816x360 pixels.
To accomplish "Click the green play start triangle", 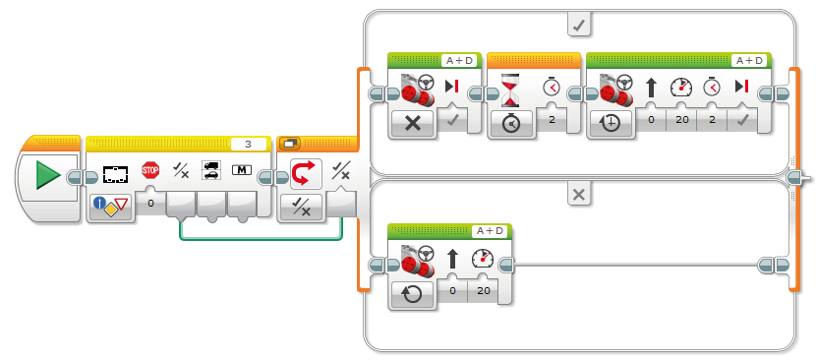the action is click(x=48, y=175).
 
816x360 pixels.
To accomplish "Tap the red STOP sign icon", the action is click(x=150, y=170).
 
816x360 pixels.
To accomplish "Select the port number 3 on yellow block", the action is click(x=248, y=144).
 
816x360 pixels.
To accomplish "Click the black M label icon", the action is click(x=242, y=170).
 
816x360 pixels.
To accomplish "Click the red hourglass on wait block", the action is click(x=510, y=90).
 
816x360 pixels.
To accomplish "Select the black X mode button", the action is click(x=412, y=124).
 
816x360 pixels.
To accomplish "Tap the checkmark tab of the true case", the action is click(x=579, y=25).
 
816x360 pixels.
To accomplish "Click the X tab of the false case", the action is click(x=579, y=195).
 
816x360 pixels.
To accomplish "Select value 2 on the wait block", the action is click(x=552, y=119).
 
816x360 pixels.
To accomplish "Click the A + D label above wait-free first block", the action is click(x=460, y=60).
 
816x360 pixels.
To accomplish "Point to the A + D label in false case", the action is click(x=491, y=231).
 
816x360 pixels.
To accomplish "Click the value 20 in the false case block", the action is click(x=484, y=290).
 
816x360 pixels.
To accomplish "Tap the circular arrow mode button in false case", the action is click(x=412, y=295).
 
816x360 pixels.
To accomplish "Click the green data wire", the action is click(x=262, y=239).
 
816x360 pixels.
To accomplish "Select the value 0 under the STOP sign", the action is click(x=150, y=203).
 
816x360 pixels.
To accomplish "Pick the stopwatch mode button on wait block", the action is click(x=510, y=124).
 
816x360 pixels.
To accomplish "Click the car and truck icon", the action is click(x=210, y=170).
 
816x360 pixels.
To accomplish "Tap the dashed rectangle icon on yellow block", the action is click(x=115, y=174).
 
